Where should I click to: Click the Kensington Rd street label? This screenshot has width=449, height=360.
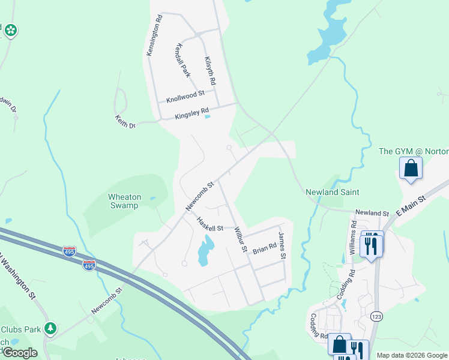[x=154, y=36]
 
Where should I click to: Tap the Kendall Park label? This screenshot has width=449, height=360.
[x=182, y=60]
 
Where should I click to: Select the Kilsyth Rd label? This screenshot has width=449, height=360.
[x=209, y=70]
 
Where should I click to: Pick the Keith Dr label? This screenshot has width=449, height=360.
[x=125, y=122]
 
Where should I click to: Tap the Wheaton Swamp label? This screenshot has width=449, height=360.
[x=124, y=201]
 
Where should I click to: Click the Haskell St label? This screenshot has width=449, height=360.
[x=210, y=224]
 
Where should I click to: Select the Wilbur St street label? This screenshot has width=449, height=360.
[x=241, y=238]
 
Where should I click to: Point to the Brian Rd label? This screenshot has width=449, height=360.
[x=264, y=248]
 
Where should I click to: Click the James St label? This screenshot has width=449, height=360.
[x=282, y=246]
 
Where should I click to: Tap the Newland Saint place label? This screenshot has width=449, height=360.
[x=333, y=192]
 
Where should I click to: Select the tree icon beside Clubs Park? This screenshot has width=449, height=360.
[x=51, y=328]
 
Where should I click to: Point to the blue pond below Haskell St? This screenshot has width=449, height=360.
[x=205, y=250]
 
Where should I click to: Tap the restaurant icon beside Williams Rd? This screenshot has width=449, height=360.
[x=370, y=244]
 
